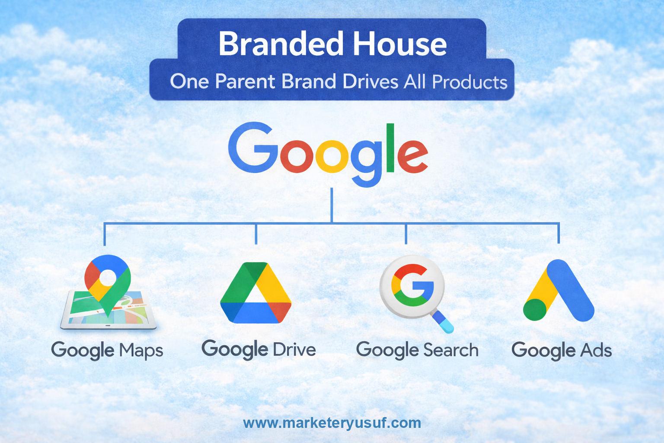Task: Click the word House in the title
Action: point(400,44)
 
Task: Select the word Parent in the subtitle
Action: point(245,81)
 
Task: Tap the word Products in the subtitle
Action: point(469,82)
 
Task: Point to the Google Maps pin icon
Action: point(108,279)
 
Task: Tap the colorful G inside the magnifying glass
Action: point(412,286)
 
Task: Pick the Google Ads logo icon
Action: point(559,292)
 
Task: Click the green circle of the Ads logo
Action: point(535,310)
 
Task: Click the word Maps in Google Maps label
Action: point(141,351)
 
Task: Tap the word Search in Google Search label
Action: point(451,350)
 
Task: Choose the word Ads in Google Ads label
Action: point(596,350)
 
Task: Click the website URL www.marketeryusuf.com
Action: point(332,423)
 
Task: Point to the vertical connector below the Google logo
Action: point(332,205)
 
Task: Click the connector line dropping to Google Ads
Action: point(559,233)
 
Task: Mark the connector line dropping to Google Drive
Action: point(256,234)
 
